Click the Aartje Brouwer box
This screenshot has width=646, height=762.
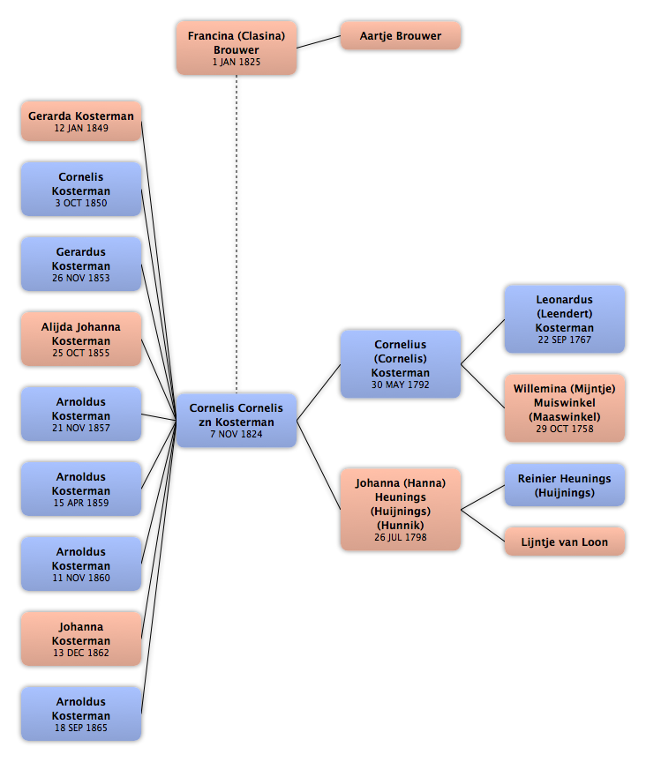pyautogui.click(x=401, y=35)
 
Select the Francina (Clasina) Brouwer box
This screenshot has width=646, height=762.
pyautogui.click(x=237, y=49)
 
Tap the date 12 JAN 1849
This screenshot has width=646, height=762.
pyautogui.click(x=81, y=128)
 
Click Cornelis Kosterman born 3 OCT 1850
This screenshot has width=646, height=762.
pyautogui.click(x=81, y=189)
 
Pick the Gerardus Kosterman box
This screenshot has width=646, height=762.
pyautogui.click(x=81, y=264)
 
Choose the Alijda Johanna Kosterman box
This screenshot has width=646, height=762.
pyautogui.click(x=81, y=339)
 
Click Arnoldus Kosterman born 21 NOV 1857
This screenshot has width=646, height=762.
pyautogui.click(x=81, y=414)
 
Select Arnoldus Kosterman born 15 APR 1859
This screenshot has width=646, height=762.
pyautogui.click(x=81, y=489)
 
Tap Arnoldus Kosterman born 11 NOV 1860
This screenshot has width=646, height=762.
pyautogui.click(x=81, y=564)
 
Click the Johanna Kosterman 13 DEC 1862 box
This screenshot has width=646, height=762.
pyautogui.click(x=81, y=639)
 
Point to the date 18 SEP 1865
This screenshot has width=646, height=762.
pyautogui.click(x=81, y=728)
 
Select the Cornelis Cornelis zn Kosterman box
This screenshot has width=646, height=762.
pyautogui.click(x=237, y=421)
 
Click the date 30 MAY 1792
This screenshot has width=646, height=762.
pyautogui.click(x=401, y=385)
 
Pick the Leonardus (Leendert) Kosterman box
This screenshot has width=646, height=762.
pyautogui.click(x=565, y=318)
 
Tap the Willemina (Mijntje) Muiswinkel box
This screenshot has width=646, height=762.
pyautogui.click(x=565, y=408)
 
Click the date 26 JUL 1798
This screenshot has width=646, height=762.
pyautogui.click(x=401, y=537)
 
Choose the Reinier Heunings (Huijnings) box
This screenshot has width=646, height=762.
pyautogui.click(x=565, y=485)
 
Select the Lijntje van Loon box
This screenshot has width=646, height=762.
pyautogui.click(x=565, y=542)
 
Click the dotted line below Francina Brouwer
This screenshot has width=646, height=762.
pyautogui.click(x=237, y=235)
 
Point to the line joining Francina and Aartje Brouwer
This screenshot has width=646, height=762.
pyautogui.click(x=319, y=41)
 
